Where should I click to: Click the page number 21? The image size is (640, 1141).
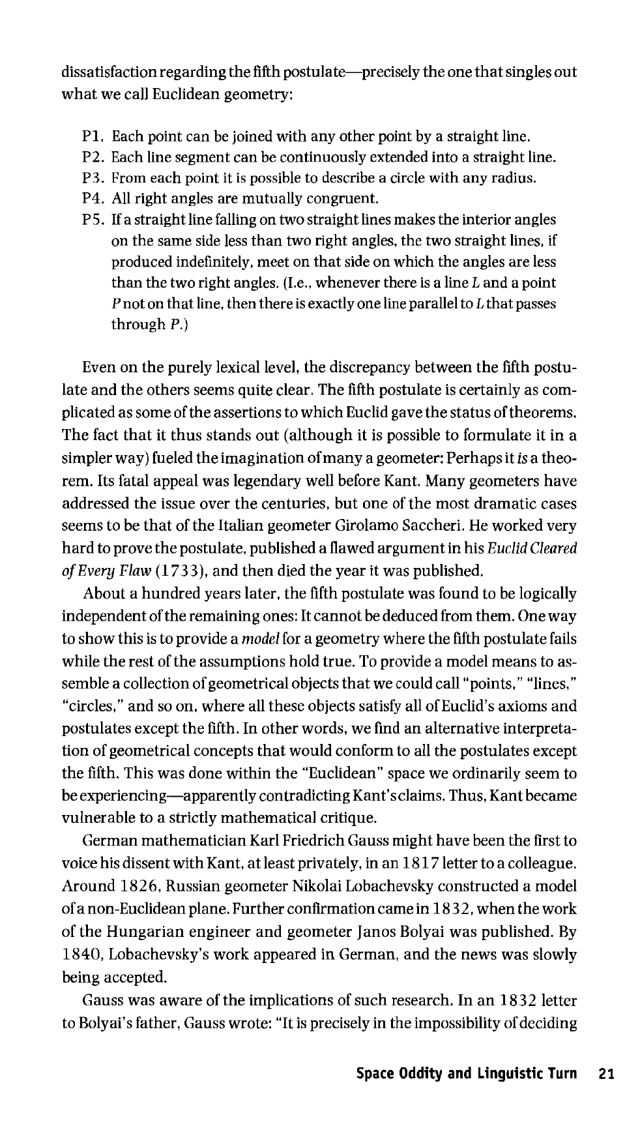606,1074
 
